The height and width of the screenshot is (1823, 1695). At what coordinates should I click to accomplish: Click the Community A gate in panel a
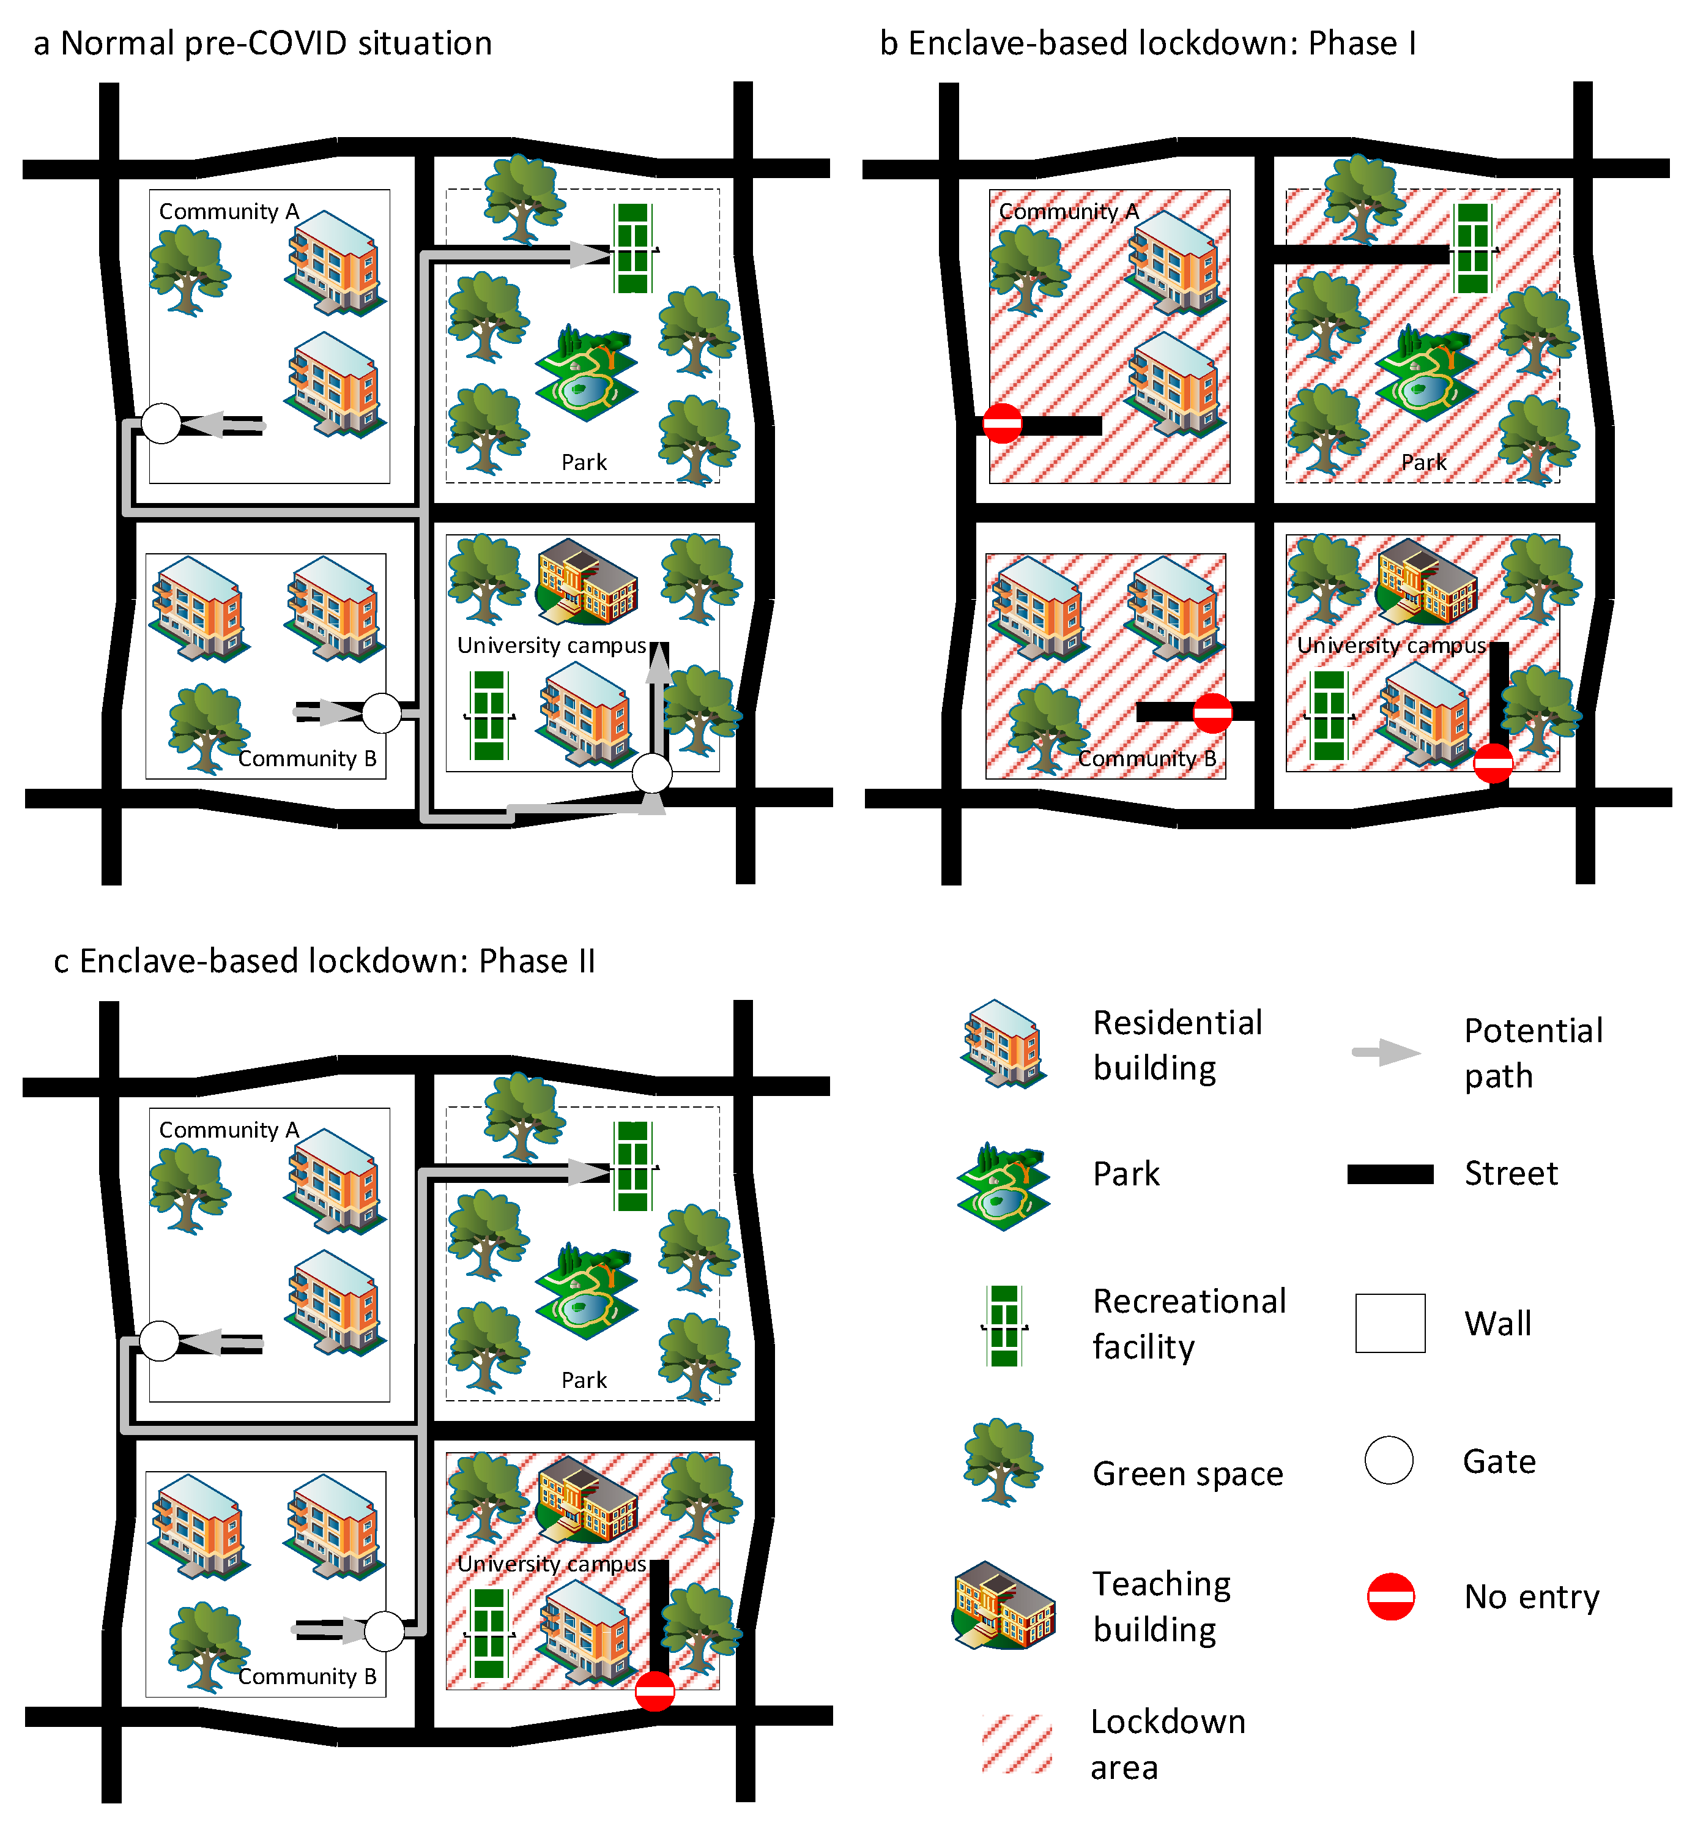(x=161, y=423)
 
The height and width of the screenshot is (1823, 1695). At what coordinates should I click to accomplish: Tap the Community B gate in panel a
(x=381, y=712)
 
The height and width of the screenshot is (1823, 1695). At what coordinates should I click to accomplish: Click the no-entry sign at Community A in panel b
(x=1002, y=423)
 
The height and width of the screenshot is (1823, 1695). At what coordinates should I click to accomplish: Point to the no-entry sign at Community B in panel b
(x=1213, y=712)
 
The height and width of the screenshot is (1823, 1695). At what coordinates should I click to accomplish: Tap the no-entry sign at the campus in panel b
(x=1493, y=763)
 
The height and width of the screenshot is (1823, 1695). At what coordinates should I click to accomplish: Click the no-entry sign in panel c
(x=655, y=1691)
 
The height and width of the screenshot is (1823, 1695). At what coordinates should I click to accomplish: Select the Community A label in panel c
(x=229, y=1130)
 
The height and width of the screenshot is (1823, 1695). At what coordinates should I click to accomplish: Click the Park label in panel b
(x=1423, y=462)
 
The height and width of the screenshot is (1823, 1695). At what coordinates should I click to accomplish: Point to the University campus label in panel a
(x=552, y=646)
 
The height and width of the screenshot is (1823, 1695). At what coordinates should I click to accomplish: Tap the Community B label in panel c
(x=307, y=1676)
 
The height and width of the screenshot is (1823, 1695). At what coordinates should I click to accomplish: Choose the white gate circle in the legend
(x=1389, y=1460)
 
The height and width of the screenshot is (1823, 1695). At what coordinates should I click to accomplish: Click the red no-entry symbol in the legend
(x=1390, y=1597)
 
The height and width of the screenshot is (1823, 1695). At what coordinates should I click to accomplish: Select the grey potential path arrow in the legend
(x=1387, y=1053)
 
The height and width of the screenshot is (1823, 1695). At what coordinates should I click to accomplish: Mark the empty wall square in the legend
(x=1390, y=1322)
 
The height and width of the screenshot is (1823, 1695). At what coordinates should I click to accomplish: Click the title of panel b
(x=1148, y=43)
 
